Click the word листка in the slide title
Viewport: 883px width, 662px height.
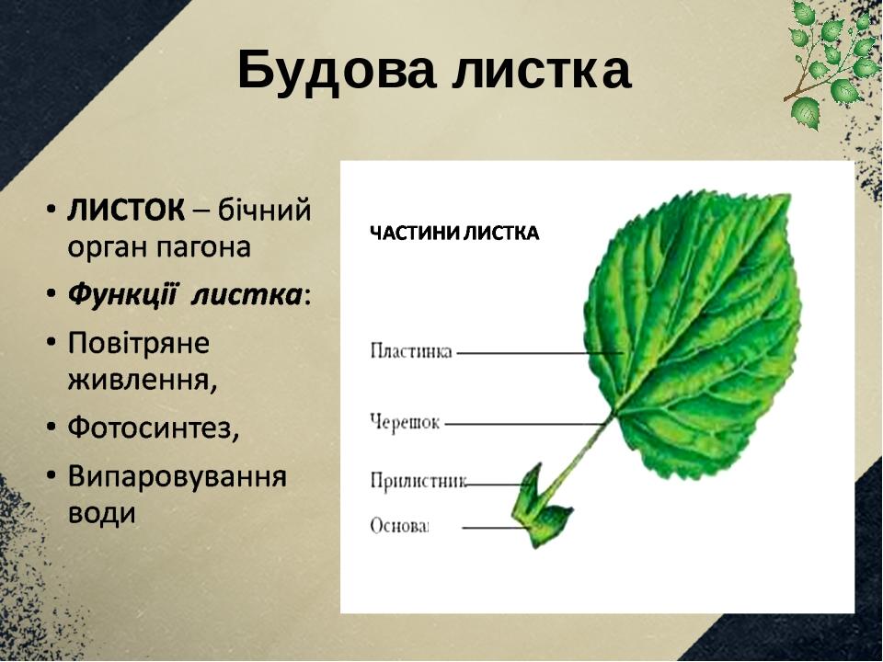click(541, 72)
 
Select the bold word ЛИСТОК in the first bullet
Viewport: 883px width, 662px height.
click(126, 211)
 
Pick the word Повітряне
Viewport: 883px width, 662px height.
click(139, 343)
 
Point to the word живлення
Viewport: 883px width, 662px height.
click(143, 381)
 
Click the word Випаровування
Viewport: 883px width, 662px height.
click(178, 477)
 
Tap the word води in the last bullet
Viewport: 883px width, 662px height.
click(102, 513)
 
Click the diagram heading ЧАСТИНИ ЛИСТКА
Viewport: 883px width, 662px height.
click(454, 233)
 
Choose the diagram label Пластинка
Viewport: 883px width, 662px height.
click(411, 352)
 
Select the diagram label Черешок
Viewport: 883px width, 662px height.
click(405, 422)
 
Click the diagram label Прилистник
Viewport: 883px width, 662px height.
click(419, 481)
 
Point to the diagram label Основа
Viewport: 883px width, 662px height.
click(399, 526)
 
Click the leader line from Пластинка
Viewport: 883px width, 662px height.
click(540, 353)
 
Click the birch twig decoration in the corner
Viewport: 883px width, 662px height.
click(831, 62)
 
